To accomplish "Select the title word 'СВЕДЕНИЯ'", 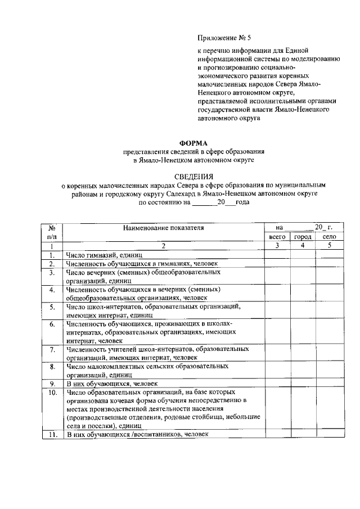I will pos(194,175).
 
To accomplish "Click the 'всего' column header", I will pos(277,237).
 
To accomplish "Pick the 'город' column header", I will pos(303,237).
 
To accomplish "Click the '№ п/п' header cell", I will pos(51,233).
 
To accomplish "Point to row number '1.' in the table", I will pos(51,255).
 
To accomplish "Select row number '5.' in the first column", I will pos(51,307).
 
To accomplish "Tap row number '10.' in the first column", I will pos(51,392).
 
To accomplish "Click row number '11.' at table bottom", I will pos(51,435).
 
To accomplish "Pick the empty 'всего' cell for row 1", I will pos(277,255).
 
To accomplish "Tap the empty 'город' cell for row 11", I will pos(303,435).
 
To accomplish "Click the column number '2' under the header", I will pos(163,246).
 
